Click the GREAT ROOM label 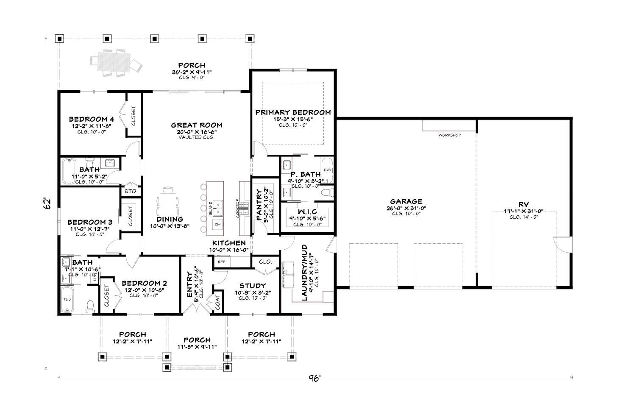pos(196,125)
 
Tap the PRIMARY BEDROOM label pos(293,112)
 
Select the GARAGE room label pos(406,202)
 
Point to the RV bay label pos(523,204)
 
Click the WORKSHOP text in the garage pos(449,135)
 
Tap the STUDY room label pos(252,286)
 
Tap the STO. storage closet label pos(131,192)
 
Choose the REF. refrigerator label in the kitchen pos(222,262)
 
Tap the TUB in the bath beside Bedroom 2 pos(67,299)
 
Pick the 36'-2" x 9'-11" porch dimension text pos(192,72)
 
